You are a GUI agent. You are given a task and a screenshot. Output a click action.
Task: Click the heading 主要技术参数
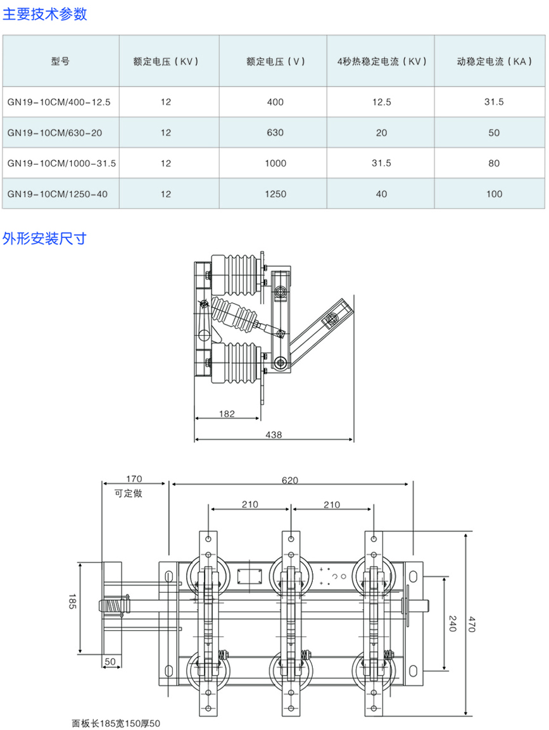tap(45, 14)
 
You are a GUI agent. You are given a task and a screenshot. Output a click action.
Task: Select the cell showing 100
tap(495, 194)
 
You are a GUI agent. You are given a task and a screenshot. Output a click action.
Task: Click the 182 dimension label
tap(227, 414)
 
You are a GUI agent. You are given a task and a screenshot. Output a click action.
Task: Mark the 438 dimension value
tap(274, 435)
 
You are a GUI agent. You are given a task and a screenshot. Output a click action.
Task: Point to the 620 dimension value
tap(289, 480)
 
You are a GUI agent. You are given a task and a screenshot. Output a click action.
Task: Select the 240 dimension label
tap(452, 623)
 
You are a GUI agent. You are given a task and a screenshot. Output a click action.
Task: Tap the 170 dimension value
tap(134, 479)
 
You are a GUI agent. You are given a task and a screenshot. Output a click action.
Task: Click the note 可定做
tap(129, 493)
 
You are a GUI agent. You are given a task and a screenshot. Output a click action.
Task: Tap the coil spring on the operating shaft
tap(113, 605)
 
